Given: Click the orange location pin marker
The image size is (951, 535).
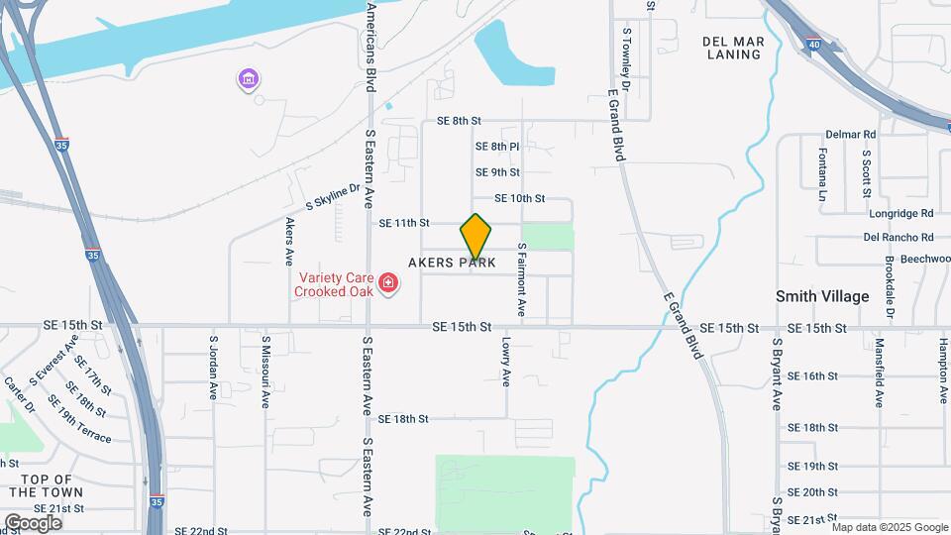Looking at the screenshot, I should (475, 236).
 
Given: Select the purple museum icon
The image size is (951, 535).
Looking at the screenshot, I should (248, 78).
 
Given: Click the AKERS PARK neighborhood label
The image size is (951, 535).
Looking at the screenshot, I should (452, 263).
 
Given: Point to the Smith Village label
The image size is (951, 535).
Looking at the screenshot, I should (822, 296).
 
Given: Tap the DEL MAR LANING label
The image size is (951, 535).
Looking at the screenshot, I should (732, 48).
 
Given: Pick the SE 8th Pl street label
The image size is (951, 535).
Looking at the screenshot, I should (497, 147).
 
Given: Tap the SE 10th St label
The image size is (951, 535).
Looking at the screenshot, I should (519, 199).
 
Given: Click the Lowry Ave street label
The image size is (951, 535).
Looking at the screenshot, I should (505, 363).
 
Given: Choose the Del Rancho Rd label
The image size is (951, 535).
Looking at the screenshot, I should (898, 238).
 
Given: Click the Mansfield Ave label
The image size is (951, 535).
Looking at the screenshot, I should (880, 374).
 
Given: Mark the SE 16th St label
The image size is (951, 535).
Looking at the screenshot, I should (812, 376).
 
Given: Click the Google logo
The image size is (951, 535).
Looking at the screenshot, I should (33, 522).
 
